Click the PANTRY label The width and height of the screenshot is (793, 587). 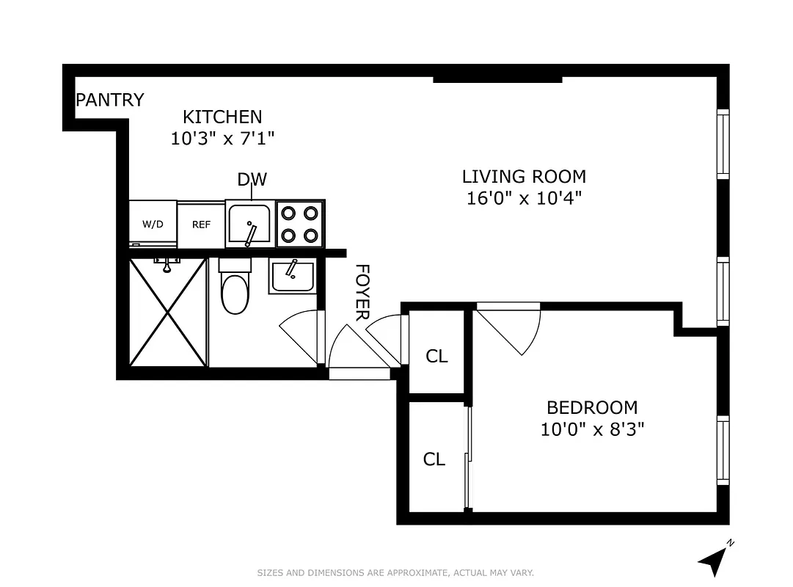pos(110,100)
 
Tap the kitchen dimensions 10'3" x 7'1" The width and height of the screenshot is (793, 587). pos(222,138)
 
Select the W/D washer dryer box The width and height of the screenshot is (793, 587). pos(153,224)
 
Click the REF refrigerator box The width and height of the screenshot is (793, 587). pos(201,224)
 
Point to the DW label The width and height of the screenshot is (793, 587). pos(252,180)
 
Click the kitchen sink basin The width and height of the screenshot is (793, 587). pos(249,225)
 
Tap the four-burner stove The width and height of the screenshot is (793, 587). pos(301,224)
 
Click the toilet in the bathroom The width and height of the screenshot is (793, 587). pos(235,291)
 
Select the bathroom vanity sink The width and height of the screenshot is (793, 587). pos(292,276)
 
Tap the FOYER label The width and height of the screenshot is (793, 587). pos(362,292)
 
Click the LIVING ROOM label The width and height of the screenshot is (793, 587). pos(524,177)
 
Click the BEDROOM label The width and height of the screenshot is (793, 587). pos(592,407)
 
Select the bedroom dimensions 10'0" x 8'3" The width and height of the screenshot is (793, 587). pos(592,429)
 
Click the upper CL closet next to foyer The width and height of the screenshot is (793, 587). pos(436,356)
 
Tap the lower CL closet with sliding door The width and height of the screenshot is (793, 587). pos(434,459)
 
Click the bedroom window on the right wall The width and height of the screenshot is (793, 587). pos(723,450)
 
